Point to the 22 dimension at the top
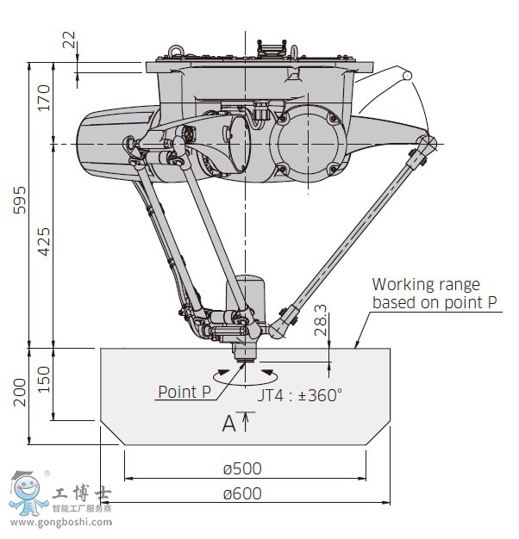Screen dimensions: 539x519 (x=68, y=40)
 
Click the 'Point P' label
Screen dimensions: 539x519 (x=184, y=392)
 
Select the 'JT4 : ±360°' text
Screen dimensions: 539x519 (x=300, y=395)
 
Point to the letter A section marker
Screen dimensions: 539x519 (x=228, y=423)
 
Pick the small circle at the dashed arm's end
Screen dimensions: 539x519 (x=406, y=77)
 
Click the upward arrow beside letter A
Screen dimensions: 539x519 (x=247, y=421)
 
